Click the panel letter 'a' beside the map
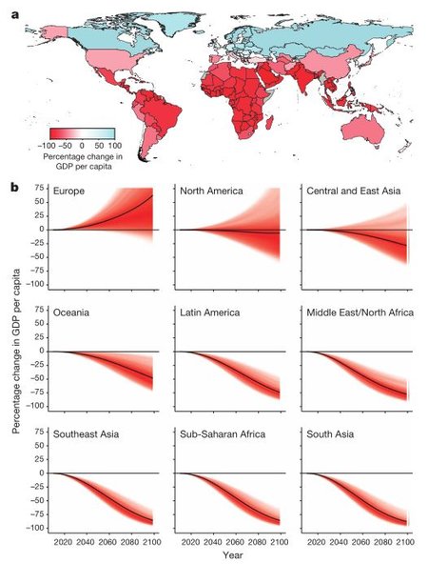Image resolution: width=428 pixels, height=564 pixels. (x=15, y=16)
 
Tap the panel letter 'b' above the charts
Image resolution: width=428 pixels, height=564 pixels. (x=15, y=187)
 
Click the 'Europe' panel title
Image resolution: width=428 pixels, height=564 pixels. (x=68, y=191)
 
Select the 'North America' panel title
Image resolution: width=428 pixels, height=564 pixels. (x=211, y=191)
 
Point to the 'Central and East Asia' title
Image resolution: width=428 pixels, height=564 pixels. (x=353, y=191)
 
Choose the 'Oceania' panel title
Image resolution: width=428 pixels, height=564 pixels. (x=71, y=312)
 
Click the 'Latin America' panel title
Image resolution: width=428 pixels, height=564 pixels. (x=209, y=312)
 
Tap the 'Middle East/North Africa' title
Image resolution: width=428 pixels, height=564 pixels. (x=360, y=312)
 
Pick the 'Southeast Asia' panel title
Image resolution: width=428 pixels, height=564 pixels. (x=86, y=434)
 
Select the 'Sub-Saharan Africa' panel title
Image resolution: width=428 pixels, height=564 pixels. (x=223, y=434)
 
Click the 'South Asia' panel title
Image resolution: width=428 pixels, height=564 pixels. (x=330, y=434)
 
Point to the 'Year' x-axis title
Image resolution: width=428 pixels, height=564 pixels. (x=233, y=555)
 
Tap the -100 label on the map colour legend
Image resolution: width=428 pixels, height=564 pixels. (x=47, y=146)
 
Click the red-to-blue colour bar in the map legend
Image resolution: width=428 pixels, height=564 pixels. (x=82, y=133)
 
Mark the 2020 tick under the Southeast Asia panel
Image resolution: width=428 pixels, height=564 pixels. (x=63, y=542)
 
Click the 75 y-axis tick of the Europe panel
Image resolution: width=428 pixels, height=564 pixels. (x=39, y=188)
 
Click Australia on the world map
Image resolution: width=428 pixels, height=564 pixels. (x=362, y=130)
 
